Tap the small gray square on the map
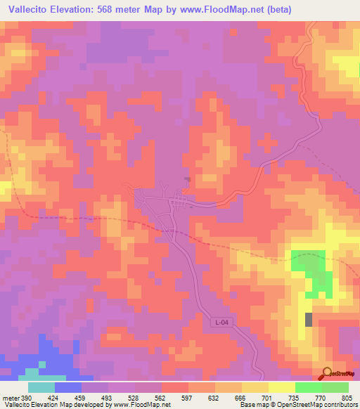pyautogui.click(x=309, y=320)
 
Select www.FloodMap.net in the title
pyautogui.click(x=207, y=10)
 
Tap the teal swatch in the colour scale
pyautogui.click(x=41, y=387)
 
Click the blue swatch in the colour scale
pyautogui.click(x=68, y=387)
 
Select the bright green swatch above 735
pyautogui.click(x=308, y=387)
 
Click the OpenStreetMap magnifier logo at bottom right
pyautogui.click(x=326, y=374)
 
